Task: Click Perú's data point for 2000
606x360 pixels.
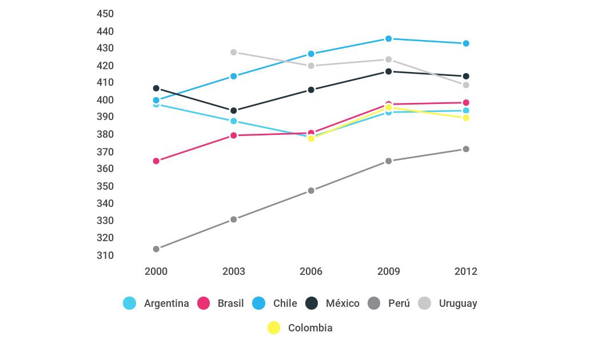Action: (x=156, y=249)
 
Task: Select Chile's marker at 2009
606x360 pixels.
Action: (x=389, y=39)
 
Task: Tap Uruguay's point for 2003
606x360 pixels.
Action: (x=234, y=53)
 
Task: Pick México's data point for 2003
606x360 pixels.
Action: (x=234, y=111)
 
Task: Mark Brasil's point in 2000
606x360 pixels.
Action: (x=156, y=161)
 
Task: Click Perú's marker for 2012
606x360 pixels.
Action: (x=466, y=149)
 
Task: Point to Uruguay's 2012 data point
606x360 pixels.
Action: (x=466, y=85)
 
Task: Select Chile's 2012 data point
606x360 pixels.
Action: (x=466, y=43)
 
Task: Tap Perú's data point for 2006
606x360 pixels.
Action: (x=311, y=191)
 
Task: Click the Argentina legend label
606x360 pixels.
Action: (x=166, y=303)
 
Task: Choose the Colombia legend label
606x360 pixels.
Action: (x=310, y=328)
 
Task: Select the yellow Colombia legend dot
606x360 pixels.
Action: (x=274, y=328)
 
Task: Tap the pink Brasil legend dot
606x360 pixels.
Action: (x=204, y=303)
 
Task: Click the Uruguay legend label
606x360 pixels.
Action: (x=458, y=303)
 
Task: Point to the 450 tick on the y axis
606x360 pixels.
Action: (x=106, y=14)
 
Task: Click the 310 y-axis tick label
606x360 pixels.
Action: (x=106, y=255)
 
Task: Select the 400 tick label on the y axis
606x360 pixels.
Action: (x=106, y=100)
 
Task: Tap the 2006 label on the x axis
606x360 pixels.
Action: (x=311, y=271)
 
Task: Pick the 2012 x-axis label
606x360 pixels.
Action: (x=466, y=271)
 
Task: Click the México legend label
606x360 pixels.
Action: (x=342, y=303)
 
